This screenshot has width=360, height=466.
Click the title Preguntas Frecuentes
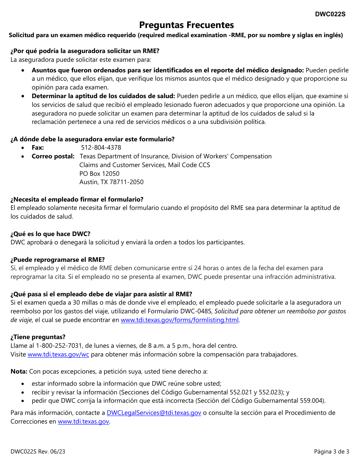pyautogui.click(x=186, y=25)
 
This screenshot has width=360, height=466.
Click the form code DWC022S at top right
pyautogui.click(x=330, y=14)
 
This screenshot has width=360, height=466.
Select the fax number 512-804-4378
pyautogui.click(x=101, y=147)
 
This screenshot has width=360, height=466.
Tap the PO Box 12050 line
pyautogui.click(x=99, y=174)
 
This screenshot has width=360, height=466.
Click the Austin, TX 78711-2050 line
pyautogui.click(x=111, y=182)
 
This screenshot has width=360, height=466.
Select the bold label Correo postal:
pyautogui.click(x=53, y=156)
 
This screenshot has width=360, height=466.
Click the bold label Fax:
pyautogui.click(x=38, y=147)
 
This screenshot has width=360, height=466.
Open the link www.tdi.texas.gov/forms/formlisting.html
pyautogui.click(x=180, y=320)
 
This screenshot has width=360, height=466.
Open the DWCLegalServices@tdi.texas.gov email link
pyautogui.click(x=154, y=413)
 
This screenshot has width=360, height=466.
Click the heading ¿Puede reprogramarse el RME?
pyautogui.click(x=58, y=260)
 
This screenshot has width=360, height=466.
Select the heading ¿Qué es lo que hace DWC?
pyautogui.click(x=50, y=234)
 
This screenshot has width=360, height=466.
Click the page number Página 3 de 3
pyautogui.click(x=331, y=451)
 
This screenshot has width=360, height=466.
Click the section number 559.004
pyautogui.click(x=313, y=400)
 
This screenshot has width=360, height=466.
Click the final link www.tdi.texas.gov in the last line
pyautogui.click(x=83, y=421)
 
